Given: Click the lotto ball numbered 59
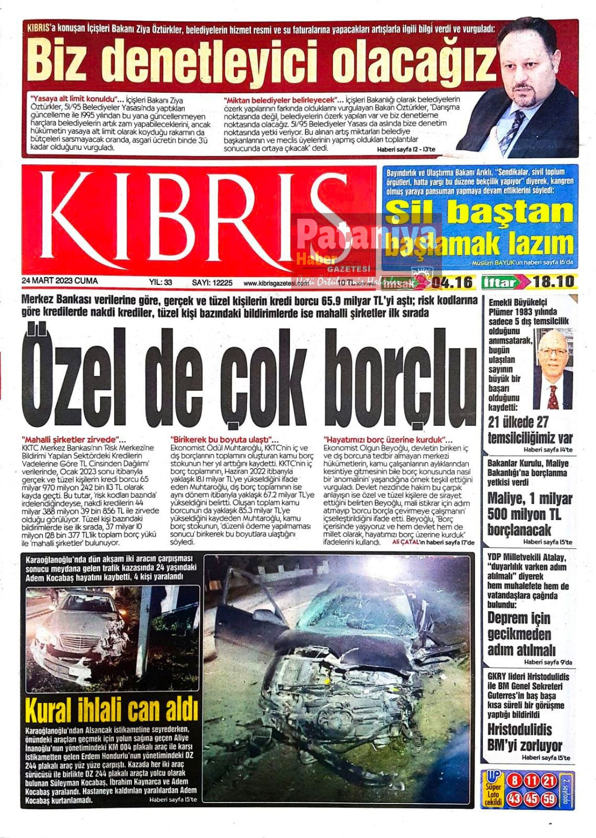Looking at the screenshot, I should pos(549,799).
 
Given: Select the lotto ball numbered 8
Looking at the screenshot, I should pos(515,781).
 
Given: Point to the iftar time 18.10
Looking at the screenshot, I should pos(554,282).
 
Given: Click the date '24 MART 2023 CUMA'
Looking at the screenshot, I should pos(60,281).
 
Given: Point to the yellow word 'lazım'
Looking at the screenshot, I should pos(542,244).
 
